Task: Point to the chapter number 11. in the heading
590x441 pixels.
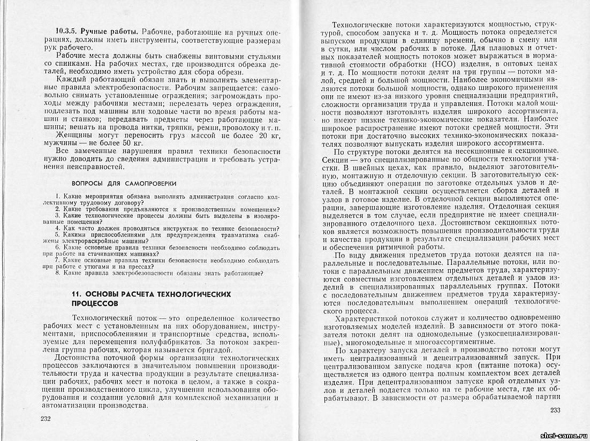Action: point(75,294)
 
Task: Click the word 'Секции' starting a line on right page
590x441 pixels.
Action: point(336,160)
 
